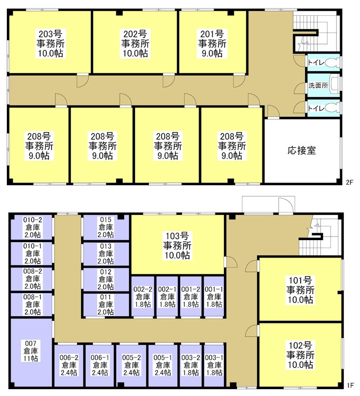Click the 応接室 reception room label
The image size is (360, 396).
tap(301, 149)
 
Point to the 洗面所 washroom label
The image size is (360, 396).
tap(318, 85)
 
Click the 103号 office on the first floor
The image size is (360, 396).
tap(176, 245)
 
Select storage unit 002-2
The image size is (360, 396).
tap(142, 297)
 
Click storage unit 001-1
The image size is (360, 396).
tap(214, 297)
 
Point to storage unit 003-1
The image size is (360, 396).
tap(214, 365)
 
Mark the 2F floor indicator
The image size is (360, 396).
tap(349, 183)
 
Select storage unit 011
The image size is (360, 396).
tap(105, 304)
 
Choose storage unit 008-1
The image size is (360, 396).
tap(33, 304)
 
